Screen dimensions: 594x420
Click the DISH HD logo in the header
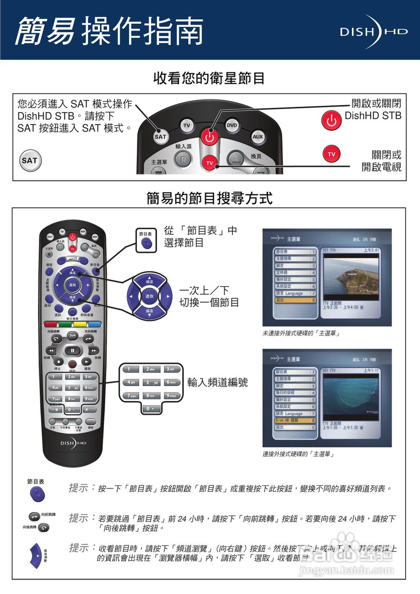(373, 32)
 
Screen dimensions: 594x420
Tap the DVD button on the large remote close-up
(232, 125)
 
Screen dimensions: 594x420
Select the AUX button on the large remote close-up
(258, 137)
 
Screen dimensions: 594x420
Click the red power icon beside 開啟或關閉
(331, 121)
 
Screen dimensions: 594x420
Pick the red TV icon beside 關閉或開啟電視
(331, 154)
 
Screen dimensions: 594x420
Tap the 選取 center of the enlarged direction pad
(149, 296)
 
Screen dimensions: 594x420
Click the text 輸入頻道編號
(217, 382)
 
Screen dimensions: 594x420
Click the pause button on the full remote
(72, 350)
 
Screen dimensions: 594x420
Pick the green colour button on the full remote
(65, 324)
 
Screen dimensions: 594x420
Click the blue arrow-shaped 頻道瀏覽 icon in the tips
(36, 554)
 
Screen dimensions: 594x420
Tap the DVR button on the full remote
(72, 335)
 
